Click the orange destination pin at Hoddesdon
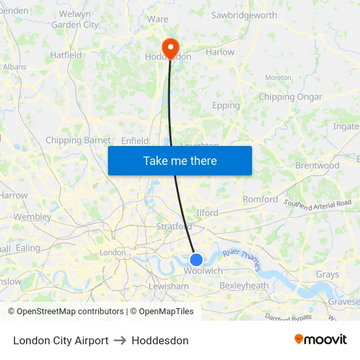[170, 46]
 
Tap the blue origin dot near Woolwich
[196, 259]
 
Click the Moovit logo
[321, 339]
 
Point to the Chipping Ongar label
[290, 97]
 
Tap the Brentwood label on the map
[317, 166]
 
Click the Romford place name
[260, 199]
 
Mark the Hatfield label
[66, 56]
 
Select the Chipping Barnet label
[78, 140]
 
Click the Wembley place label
[32, 217]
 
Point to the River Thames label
[242, 259]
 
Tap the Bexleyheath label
[243, 285]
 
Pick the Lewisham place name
[168, 286]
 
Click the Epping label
[226, 105]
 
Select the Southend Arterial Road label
[317, 206]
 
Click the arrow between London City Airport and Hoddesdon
[120, 340]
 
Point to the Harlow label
[220, 52]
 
